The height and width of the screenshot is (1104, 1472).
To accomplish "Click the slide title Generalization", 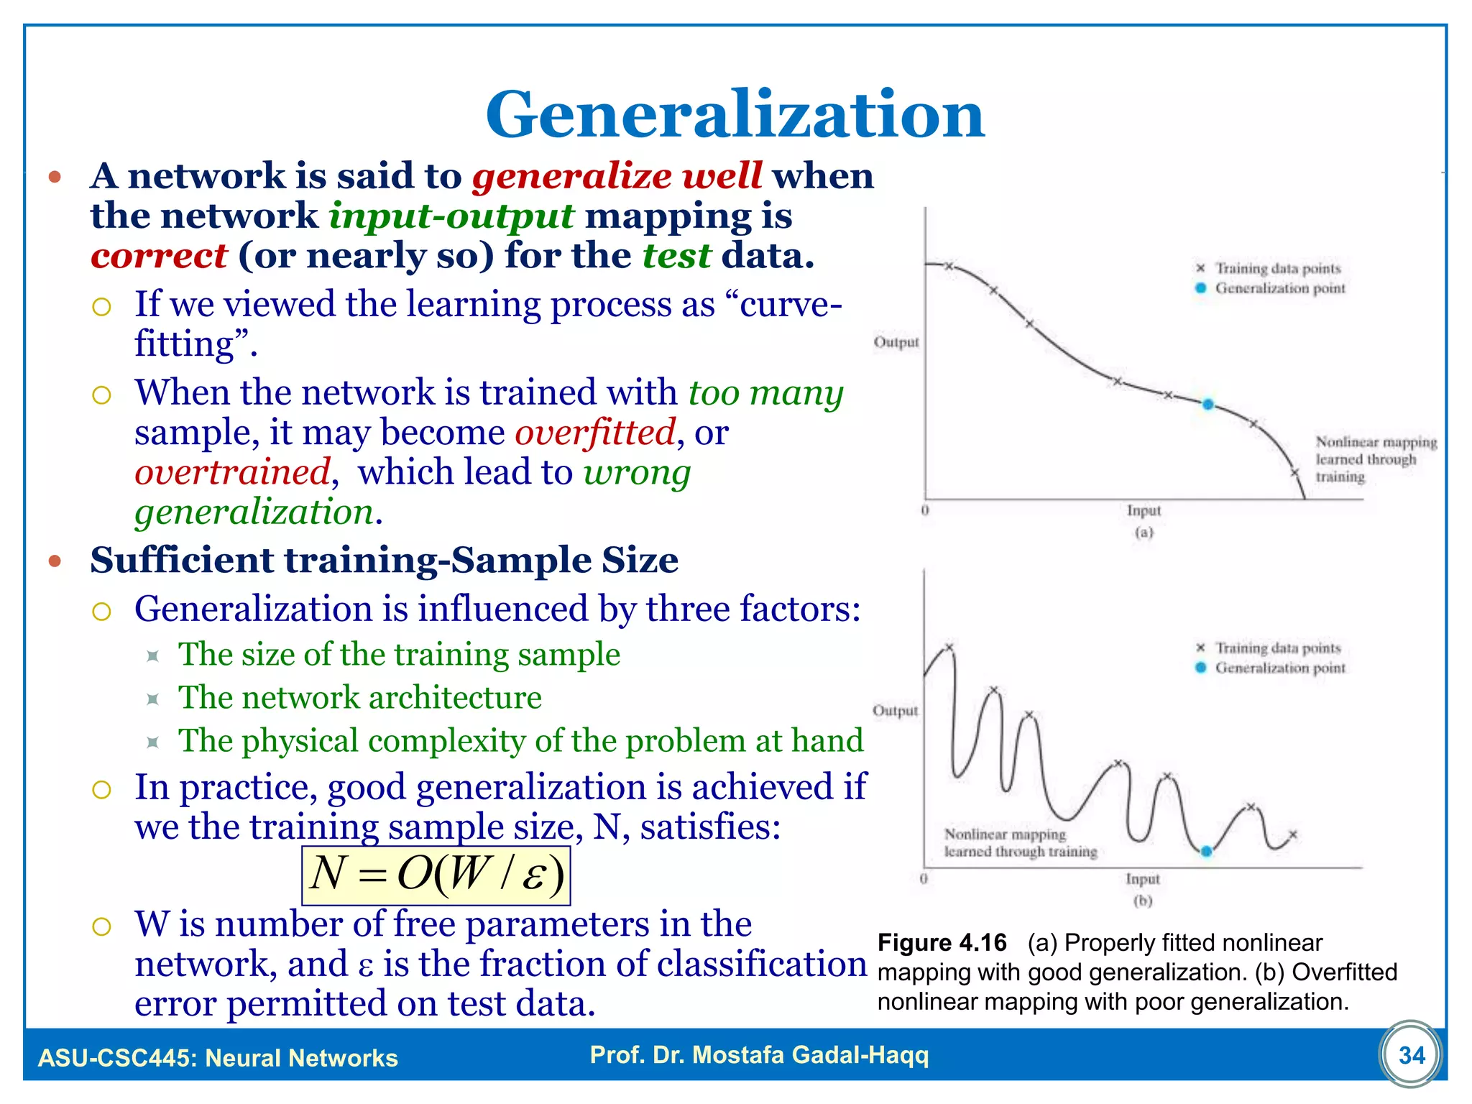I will tap(735, 115).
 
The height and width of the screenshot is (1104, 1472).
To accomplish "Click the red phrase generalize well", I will tap(617, 176).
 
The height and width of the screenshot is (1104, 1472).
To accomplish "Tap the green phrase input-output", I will tap(451, 216).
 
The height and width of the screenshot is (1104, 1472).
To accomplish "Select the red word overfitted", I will tap(595, 433).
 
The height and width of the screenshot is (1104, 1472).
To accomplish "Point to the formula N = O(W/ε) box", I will tap(436, 875).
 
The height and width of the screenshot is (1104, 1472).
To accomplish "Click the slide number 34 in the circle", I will tap(1411, 1055).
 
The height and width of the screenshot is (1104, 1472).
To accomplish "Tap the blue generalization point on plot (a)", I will tap(1207, 405).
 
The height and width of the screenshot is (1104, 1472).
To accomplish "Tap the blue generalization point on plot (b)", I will tap(1206, 852).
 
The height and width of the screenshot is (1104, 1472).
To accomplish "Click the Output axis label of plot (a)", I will tap(896, 342).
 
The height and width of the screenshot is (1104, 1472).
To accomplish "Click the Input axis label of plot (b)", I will tap(1142, 879).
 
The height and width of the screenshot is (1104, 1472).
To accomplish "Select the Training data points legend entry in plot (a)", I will tap(1277, 268).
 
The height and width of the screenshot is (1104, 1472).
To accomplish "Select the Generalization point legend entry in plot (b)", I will tap(1279, 668).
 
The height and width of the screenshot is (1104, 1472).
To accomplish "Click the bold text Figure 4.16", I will tap(942, 943).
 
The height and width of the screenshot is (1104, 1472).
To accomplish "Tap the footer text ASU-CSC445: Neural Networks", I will tap(218, 1058).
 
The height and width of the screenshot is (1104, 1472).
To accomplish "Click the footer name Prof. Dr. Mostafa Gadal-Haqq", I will tap(759, 1055).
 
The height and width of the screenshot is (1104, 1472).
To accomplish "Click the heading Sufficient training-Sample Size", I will tap(384, 561).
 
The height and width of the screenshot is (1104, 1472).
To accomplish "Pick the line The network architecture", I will tap(359, 698).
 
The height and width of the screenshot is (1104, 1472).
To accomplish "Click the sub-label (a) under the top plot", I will tap(1144, 533).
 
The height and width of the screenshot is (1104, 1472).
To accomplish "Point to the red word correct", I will tap(159, 257).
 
